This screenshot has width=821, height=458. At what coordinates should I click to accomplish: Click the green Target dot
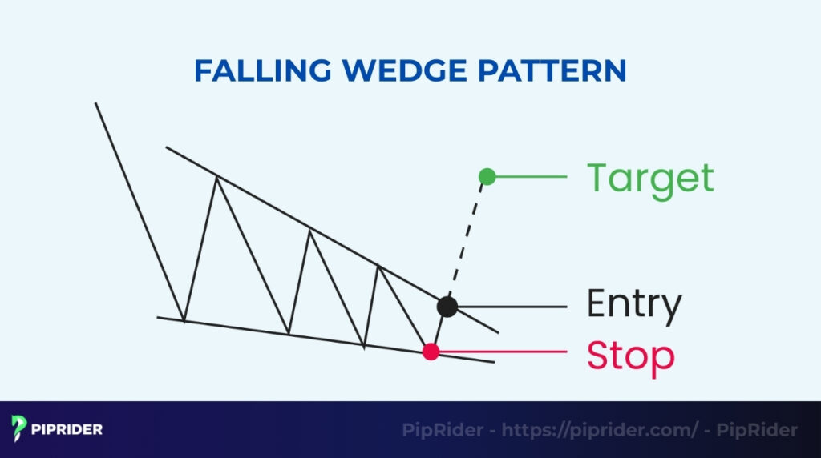(487, 176)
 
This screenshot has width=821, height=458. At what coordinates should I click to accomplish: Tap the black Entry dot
(447, 306)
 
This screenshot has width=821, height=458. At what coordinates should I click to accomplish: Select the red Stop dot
(431, 351)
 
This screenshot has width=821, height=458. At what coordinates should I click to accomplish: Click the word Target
(649, 178)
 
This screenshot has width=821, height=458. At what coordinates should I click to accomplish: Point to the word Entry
(633, 304)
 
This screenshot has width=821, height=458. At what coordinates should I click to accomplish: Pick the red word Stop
(630, 356)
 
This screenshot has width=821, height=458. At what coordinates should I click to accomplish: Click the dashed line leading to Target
(467, 240)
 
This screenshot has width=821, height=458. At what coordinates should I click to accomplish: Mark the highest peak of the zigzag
(216, 177)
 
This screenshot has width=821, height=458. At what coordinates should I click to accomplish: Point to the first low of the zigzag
(184, 321)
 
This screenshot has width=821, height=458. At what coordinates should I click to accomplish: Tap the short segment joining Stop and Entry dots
(439, 329)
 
